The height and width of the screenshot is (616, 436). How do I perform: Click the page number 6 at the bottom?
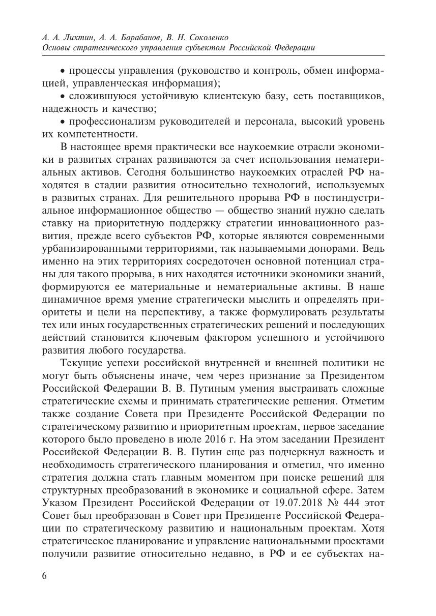[44, 576]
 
